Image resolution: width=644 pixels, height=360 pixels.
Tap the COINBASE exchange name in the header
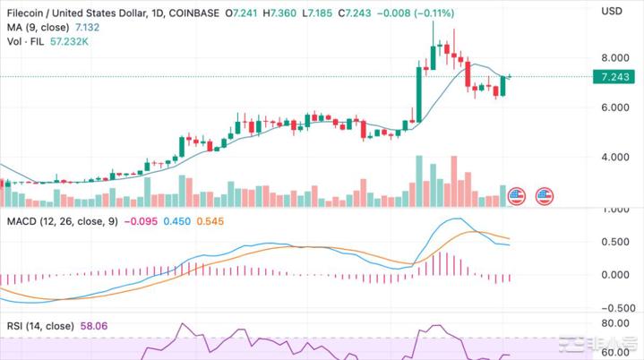192,11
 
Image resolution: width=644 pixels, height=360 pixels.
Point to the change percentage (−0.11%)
433,11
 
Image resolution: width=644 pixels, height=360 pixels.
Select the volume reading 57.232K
72,43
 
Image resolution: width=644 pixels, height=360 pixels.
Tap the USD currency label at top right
612,11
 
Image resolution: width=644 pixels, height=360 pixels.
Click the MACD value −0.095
141,221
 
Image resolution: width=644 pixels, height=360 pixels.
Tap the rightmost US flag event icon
544,194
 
